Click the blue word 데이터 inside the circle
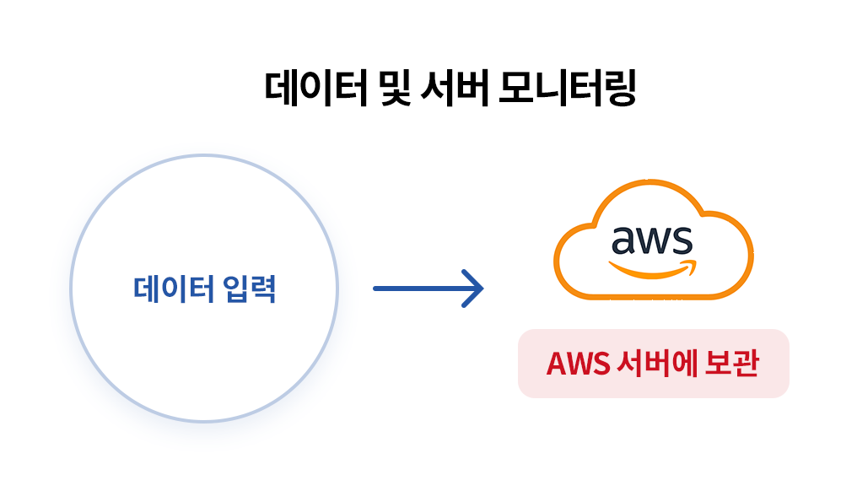(173, 289)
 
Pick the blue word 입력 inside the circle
(251, 289)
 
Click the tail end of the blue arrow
(377, 289)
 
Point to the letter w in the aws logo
(652, 241)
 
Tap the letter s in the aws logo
(682, 241)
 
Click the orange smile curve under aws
(645, 271)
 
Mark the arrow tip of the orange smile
(694, 265)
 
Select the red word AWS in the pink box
(577, 364)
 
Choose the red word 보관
(735, 364)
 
